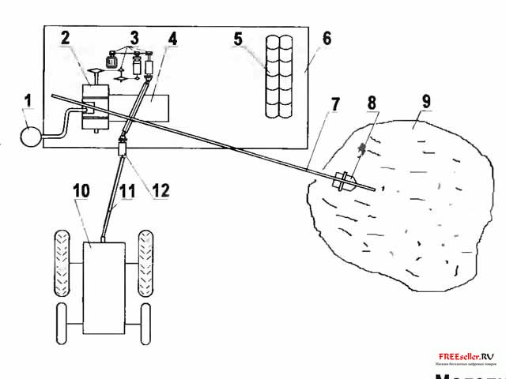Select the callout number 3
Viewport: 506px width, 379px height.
pos(134,38)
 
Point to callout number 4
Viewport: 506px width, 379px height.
pos(172,38)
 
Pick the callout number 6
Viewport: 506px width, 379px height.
pos(305,38)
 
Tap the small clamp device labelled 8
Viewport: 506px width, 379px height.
pos(345,181)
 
